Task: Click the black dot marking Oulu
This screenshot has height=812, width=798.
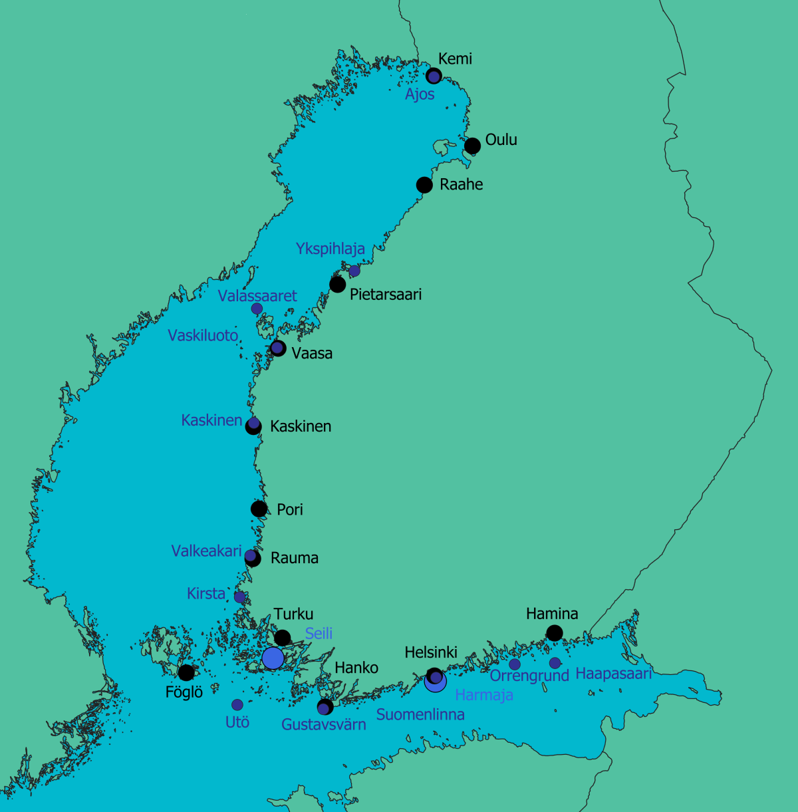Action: tap(472, 146)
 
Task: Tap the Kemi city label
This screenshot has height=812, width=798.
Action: tap(455, 59)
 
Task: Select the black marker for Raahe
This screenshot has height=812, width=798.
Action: tap(424, 184)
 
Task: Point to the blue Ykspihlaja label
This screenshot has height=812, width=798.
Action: tap(330, 249)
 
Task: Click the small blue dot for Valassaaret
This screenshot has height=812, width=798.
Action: tap(257, 309)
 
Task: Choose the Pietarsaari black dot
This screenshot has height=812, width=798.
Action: tap(338, 285)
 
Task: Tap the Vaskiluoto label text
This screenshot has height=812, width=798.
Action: tap(203, 335)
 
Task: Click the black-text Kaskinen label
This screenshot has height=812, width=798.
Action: tap(301, 426)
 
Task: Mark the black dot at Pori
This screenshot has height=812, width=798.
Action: tap(259, 509)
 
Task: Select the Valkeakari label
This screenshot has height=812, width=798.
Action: tap(206, 551)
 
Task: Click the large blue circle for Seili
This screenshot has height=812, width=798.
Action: tap(273, 658)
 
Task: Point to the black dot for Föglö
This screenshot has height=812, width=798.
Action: tap(186, 672)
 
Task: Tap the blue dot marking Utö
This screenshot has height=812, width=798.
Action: tap(237, 704)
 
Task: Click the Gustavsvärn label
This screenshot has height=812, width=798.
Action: tap(323, 724)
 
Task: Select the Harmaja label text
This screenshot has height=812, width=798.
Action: tap(483, 695)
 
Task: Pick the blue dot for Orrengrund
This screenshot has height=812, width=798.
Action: tap(515, 664)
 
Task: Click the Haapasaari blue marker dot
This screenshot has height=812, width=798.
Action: tap(555, 663)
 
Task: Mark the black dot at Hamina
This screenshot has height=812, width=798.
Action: tap(554, 633)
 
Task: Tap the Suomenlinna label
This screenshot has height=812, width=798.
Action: tap(420, 714)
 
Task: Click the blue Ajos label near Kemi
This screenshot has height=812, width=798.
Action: tap(420, 94)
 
